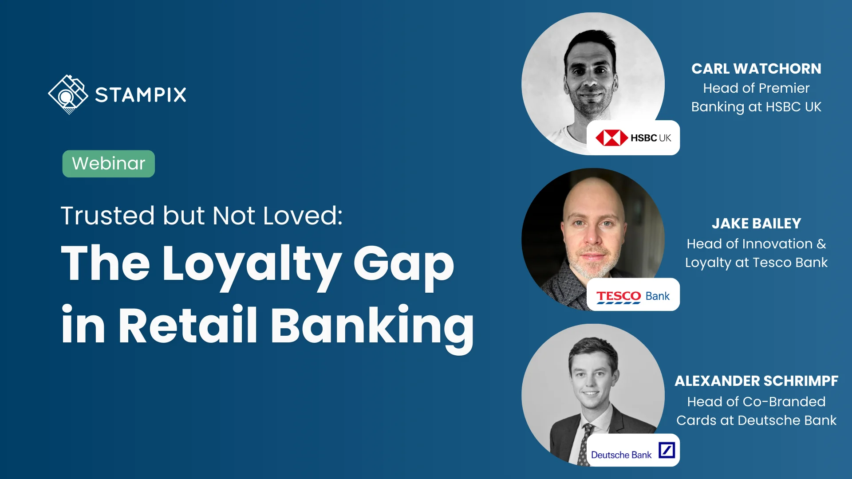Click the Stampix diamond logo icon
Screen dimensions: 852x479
tap(68, 94)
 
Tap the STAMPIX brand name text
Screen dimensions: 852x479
tap(141, 95)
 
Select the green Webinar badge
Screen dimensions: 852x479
tap(109, 164)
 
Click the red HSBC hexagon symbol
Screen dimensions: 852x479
tap(611, 138)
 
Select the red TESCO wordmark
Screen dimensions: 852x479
tap(619, 296)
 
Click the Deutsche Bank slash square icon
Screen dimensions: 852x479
tap(667, 450)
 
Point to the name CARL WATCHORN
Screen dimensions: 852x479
tap(756, 69)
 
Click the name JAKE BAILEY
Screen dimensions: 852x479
tap(756, 224)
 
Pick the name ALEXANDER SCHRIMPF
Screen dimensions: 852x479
tap(756, 381)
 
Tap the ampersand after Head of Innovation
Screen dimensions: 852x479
tap(821, 244)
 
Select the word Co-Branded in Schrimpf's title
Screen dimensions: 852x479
tap(784, 402)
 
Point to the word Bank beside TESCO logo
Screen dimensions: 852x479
tap(658, 296)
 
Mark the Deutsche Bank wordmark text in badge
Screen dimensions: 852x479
tap(621, 455)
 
